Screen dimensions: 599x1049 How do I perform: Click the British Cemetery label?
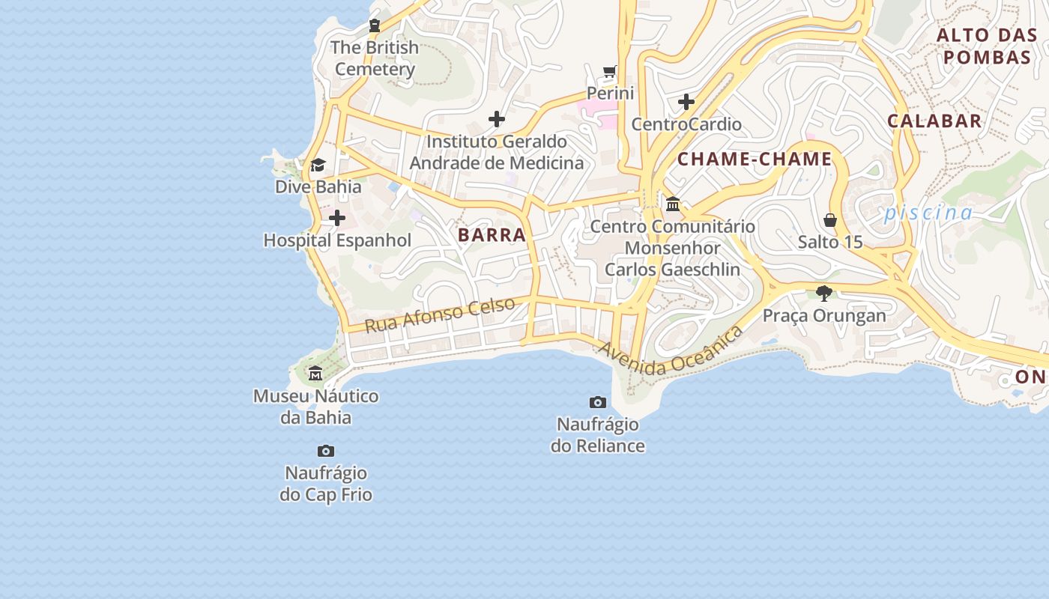375,58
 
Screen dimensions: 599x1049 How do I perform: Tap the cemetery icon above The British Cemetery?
375,25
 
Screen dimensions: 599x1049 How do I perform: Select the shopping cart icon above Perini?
610,72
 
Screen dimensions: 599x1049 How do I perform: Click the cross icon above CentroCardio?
686,102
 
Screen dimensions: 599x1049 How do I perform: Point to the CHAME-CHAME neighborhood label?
755,159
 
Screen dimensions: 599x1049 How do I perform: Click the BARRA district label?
492,235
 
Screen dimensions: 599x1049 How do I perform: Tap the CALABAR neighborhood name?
934,121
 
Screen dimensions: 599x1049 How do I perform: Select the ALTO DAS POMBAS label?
987,46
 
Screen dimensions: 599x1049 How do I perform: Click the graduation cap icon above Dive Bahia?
318,165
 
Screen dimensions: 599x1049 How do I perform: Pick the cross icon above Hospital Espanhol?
337,219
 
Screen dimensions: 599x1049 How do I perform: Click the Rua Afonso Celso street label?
441,314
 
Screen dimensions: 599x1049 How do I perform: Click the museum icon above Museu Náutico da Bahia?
315,374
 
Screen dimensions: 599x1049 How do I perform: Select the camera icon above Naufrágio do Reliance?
597,403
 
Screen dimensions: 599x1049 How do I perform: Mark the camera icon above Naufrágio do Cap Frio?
325,451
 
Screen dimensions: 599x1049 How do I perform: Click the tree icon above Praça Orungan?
824,293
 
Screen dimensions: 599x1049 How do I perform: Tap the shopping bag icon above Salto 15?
830,220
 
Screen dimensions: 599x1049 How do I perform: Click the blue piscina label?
928,213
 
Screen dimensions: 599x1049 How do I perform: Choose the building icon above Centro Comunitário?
673,204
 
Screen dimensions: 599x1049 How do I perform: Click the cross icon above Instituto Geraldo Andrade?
496,119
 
